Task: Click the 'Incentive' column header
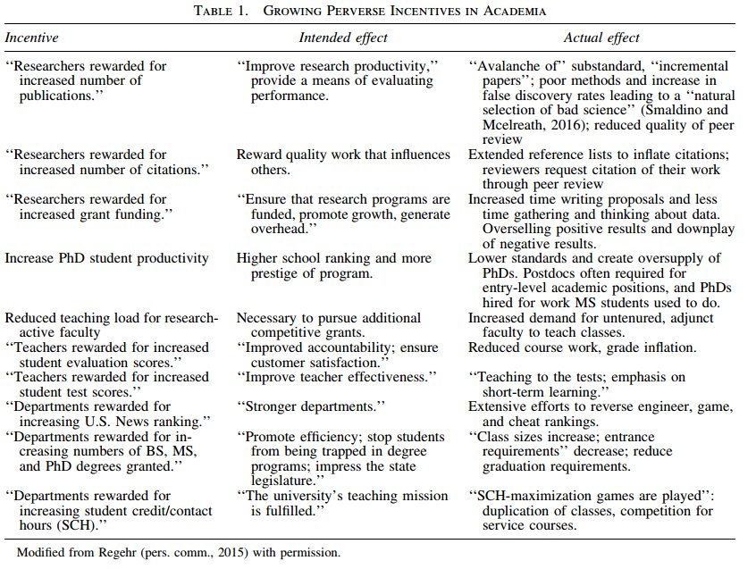point(32,38)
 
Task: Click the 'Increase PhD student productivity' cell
point(106,258)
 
